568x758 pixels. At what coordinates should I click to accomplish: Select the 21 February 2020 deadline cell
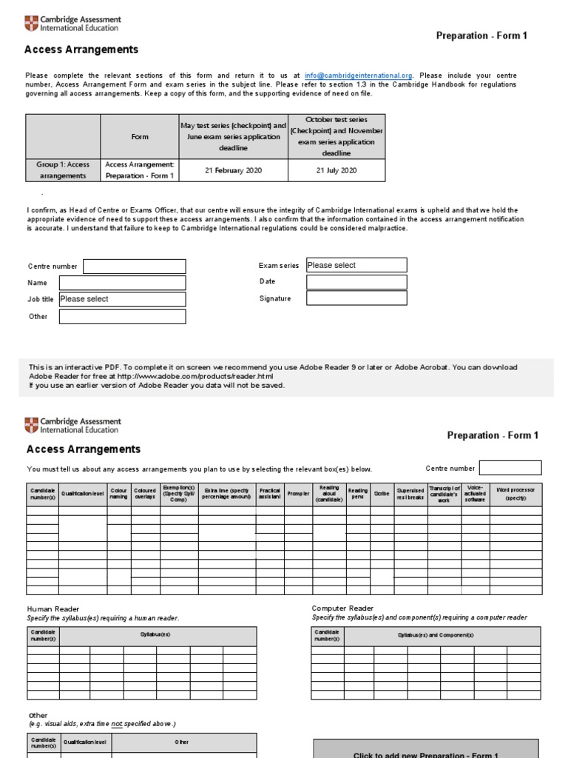point(233,170)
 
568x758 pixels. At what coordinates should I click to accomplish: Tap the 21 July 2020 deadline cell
point(337,170)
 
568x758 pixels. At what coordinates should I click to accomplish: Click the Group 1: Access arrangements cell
point(63,170)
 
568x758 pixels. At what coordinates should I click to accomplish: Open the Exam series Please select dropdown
point(356,265)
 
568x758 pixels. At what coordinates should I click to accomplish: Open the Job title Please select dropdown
point(122,300)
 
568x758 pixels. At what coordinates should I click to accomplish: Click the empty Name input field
point(122,283)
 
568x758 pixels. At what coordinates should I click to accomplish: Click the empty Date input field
point(356,282)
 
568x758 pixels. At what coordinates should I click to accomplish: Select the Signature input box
point(356,298)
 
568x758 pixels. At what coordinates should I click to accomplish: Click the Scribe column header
point(382,494)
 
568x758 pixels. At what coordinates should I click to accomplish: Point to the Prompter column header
point(298,494)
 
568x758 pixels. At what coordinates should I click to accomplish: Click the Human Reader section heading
point(53,609)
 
